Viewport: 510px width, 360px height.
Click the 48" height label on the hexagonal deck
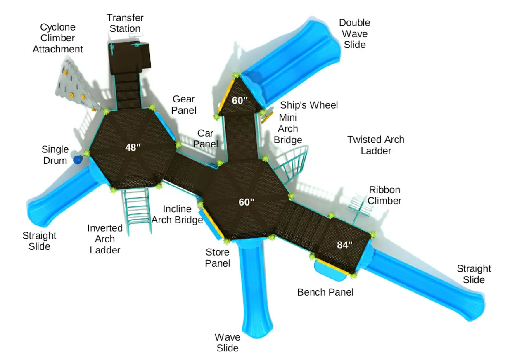(x=133, y=147)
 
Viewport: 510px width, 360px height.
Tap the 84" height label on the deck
(x=344, y=245)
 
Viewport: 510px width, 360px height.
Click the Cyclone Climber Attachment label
(x=57, y=38)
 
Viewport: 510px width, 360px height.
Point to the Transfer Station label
(x=125, y=23)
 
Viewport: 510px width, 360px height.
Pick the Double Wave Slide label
(x=354, y=33)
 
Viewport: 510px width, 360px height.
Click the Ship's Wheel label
(x=309, y=105)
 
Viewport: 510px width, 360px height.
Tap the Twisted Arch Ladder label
(x=375, y=145)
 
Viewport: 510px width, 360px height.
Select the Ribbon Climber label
(x=384, y=195)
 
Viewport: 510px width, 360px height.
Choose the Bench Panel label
(x=325, y=292)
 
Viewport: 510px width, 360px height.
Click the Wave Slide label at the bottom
(x=228, y=343)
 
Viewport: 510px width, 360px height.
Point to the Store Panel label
(x=218, y=257)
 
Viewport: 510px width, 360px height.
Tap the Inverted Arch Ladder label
(x=105, y=239)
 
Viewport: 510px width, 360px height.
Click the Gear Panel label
(x=184, y=104)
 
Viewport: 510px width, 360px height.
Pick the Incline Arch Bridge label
(x=177, y=214)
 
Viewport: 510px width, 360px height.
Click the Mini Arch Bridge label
(x=288, y=128)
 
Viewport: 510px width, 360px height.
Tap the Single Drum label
(x=55, y=155)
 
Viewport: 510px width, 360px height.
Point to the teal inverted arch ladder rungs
(x=138, y=210)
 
